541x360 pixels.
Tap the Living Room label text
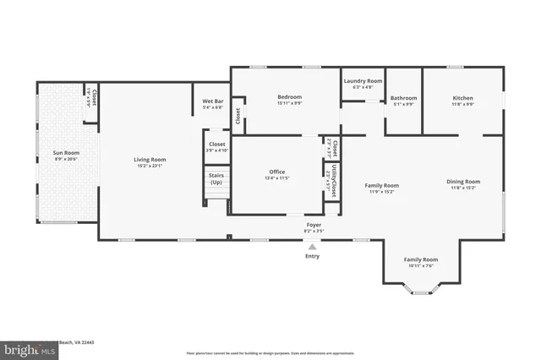point(150,159)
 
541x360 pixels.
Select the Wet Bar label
point(212,101)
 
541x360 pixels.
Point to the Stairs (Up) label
point(216,178)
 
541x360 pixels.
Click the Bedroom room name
point(289,97)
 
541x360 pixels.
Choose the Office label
point(276,172)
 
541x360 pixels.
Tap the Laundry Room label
point(363,80)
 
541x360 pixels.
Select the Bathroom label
point(403,97)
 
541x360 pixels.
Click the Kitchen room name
point(462,97)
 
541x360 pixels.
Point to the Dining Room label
point(463,181)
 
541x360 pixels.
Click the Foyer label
point(314,226)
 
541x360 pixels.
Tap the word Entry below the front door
point(313,255)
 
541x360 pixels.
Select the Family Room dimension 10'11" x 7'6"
point(420,265)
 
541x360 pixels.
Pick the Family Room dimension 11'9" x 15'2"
point(381,191)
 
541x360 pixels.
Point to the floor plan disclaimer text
point(270,352)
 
